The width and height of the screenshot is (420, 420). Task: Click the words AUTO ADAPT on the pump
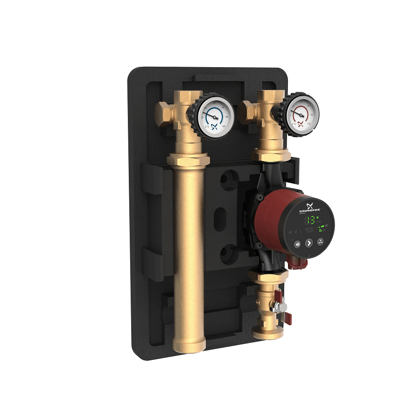(308, 230)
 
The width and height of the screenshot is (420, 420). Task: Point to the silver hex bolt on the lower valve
(281, 308)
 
